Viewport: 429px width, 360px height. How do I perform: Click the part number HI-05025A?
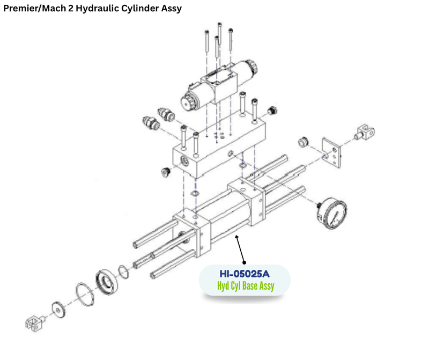(x=245, y=274)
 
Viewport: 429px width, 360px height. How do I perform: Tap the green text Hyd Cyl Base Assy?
(x=246, y=286)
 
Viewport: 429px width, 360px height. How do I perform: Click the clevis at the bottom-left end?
(x=35, y=323)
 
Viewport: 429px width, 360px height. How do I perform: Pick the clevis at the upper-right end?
(x=365, y=132)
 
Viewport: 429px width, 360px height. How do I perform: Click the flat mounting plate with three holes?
(x=332, y=153)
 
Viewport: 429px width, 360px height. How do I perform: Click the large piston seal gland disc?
(x=107, y=283)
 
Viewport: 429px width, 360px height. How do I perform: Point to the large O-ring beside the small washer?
(x=85, y=294)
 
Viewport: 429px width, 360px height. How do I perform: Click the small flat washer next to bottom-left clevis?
(x=58, y=310)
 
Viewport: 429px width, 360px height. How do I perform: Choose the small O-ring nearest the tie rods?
(x=123, y=272)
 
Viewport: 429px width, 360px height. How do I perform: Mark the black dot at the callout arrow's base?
(x=245, y=262)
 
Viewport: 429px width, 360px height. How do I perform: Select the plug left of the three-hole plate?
(x=303, y=142)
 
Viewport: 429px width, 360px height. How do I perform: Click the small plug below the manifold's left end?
(x=166, y=172)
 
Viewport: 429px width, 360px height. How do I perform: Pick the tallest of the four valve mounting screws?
(x=219, y=34)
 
